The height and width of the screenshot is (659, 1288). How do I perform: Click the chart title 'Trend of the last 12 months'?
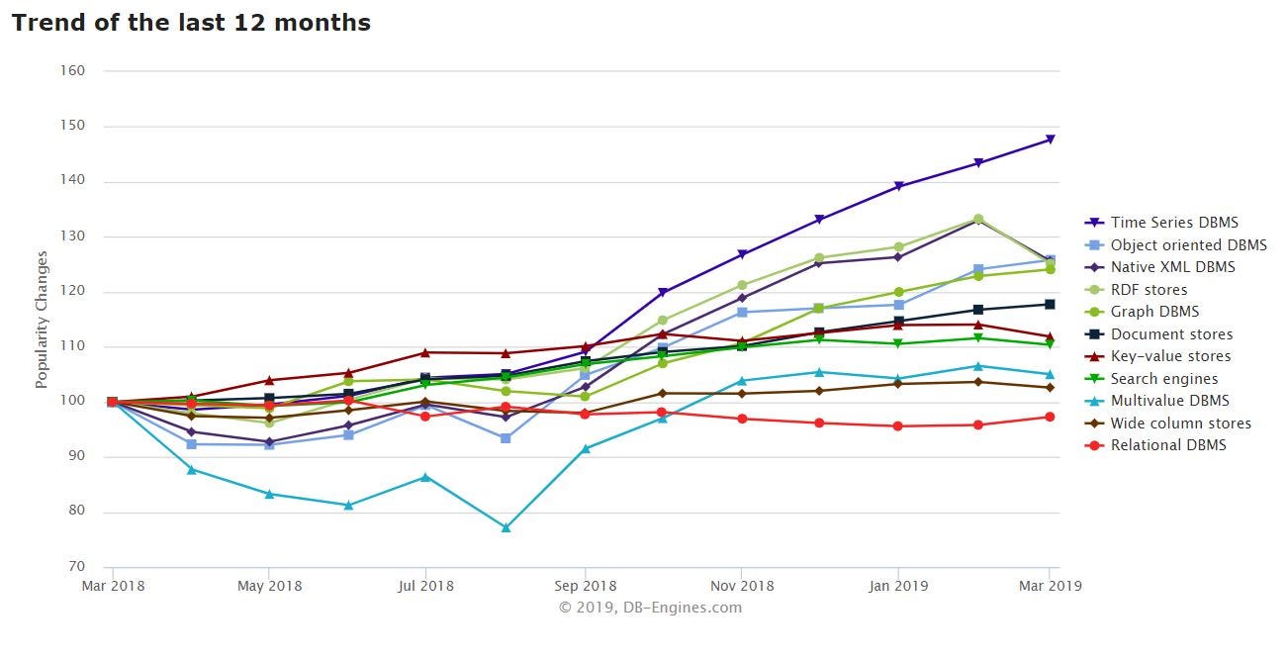(x=191, y=23)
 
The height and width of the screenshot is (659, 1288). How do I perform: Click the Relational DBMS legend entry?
(x=1167, y=445)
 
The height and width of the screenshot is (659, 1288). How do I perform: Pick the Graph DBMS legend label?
(x=1154, y=312)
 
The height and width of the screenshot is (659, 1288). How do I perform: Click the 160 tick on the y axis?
(x=73, y=71)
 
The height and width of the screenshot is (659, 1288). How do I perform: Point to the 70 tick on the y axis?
(x=77, y=567)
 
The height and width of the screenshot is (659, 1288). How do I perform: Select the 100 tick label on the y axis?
(x=73, y=402)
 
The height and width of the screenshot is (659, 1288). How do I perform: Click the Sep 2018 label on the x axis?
(x=585, y=586)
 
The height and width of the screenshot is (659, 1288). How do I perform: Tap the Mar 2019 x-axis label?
(x=1050, y=586)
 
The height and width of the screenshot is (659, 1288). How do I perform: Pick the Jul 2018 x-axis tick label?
(x=425, y=586)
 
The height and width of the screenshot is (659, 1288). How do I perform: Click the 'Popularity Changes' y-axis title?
(x=42, y=319)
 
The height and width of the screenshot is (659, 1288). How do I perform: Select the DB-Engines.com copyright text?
(x=650, y=608)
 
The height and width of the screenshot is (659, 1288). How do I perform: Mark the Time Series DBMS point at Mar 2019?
(x=1050, y=140)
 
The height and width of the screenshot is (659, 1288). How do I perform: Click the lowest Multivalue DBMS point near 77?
(x=506, y=527)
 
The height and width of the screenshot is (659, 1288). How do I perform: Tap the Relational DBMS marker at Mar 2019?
(x=1050, y=417)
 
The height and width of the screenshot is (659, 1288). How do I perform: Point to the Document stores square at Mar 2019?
(x=1050, y=304)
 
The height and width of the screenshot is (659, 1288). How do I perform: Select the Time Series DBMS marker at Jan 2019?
(x=898, y=186)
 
